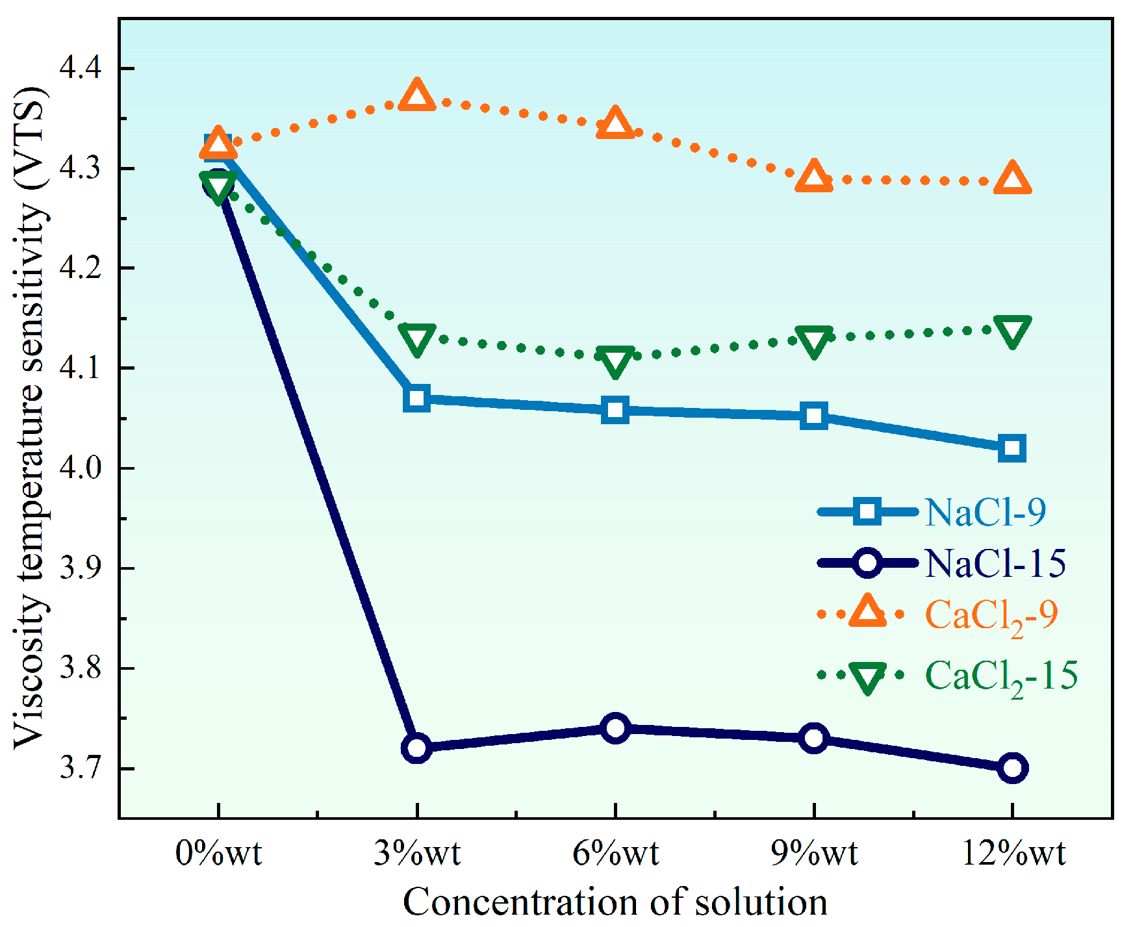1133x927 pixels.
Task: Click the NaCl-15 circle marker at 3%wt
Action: point(416,748)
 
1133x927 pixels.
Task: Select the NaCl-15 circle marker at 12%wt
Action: point(1012,768)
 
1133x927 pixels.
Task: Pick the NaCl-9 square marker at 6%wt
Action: point(615,410)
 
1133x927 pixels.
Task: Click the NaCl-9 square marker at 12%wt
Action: point(1012,448)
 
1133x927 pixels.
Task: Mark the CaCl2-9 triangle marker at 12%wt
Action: point(1012,180)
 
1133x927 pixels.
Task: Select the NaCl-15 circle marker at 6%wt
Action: point(615,728)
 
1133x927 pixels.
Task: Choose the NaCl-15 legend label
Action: point(995,563)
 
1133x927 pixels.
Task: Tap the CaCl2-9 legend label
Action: point(991,615)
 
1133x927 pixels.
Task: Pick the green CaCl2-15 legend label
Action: point(1000,676)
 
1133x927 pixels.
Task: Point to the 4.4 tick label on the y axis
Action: point(81,68)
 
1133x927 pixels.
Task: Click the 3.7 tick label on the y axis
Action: point(81,768)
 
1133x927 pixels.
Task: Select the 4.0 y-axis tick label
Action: point(81,468)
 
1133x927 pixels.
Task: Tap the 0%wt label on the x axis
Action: point(218,853)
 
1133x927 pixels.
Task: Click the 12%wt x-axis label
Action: point(1013,853)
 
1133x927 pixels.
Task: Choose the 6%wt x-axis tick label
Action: point(615,853)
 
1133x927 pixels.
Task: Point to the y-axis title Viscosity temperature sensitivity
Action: point(29,416)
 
